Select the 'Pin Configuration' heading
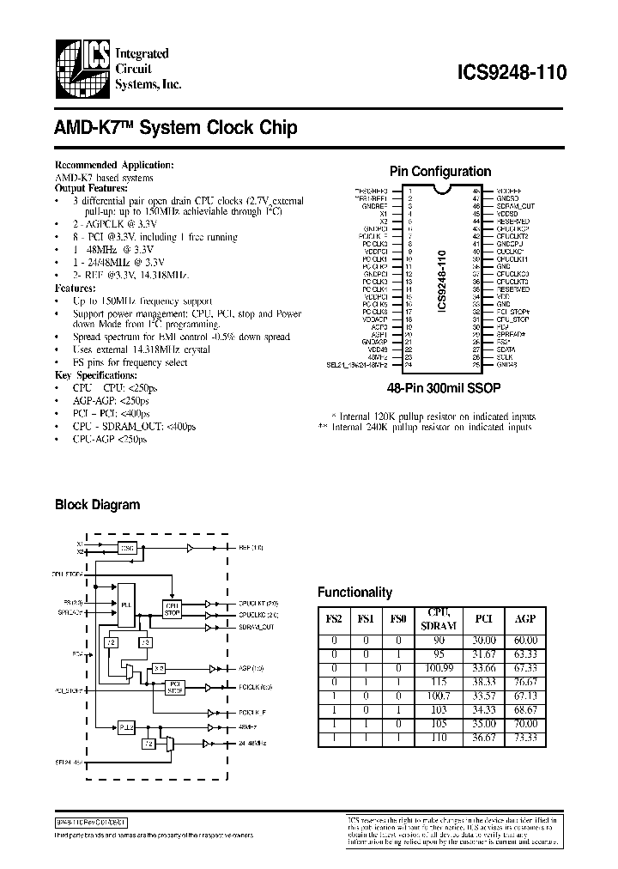click(440, 172)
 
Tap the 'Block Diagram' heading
click(97, 505)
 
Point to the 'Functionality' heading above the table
click(354, 592)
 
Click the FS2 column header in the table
click(333, 617)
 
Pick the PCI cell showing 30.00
click(483, 641)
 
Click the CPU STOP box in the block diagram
click(172, 609)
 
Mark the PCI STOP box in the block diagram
click(174, 686)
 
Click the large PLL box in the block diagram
click(125, 605)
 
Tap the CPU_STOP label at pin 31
click(512, 318)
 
